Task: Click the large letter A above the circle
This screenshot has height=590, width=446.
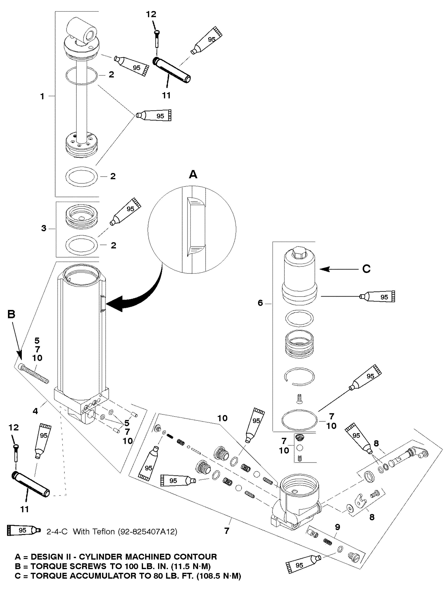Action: pos(193,175)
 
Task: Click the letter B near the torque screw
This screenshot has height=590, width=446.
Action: pos(11,315)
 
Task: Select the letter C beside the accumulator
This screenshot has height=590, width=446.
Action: pos(366,269)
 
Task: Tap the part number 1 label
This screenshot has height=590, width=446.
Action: pos(42,97)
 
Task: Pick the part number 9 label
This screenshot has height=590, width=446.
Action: pos(338,527)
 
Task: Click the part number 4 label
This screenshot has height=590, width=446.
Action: pos(35,411)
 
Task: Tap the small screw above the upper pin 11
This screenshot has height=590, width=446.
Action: pos(156,38)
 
